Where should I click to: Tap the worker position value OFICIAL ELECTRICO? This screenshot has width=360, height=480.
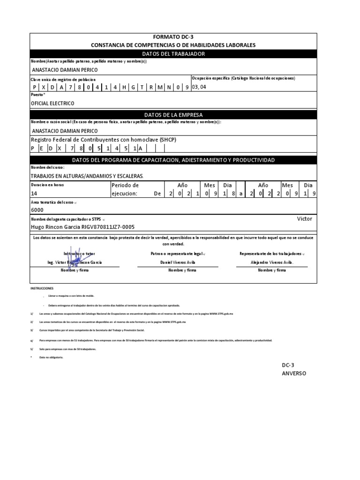tap(52, 103)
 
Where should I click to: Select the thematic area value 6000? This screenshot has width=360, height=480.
tap(37, 210)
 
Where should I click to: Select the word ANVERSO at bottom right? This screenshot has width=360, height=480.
tap(294, 374)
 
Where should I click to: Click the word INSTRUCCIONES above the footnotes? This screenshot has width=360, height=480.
tap(42, 288)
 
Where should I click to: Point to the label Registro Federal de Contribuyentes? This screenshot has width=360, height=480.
tap(103, 140)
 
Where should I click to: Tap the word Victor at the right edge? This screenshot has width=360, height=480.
tap(304, 219)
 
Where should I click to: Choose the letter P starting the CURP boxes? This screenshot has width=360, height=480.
tap(34, 87)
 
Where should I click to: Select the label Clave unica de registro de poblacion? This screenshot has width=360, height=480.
tap(63, 80)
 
